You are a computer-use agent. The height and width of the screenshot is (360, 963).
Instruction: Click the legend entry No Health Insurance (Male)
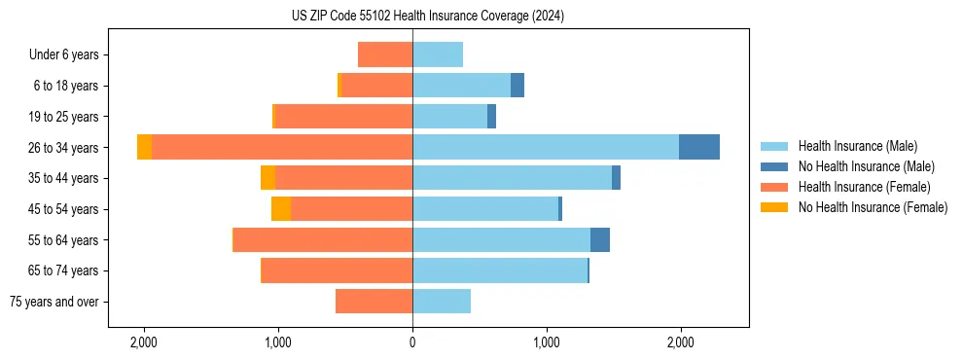[x=866, y=166]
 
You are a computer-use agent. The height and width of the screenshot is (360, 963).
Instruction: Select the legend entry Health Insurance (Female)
[x=864, y=187]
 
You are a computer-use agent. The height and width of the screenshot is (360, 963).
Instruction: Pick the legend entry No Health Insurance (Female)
[x=873, y=207]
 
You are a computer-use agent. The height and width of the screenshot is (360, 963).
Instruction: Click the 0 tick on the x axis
[x=412, y=342]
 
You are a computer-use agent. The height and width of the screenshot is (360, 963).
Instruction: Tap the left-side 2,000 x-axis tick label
[x=144, y=342]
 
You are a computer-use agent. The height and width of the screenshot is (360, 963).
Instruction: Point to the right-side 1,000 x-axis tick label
[x=547, y=342]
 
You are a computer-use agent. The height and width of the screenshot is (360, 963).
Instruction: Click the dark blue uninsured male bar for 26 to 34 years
[x=698, y=147]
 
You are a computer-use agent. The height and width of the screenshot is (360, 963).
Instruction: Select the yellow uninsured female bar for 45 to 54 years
[x=281, y=209]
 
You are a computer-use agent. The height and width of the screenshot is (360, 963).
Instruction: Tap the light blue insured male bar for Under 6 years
[x=438, y=54]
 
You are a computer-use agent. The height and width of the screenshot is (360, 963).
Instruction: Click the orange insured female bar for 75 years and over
[x=374, y=302]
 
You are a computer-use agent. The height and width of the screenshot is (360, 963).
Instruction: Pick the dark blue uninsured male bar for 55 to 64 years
[x=600, y=239]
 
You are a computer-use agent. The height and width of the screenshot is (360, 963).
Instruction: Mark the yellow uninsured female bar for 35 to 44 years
[x=267, y=178]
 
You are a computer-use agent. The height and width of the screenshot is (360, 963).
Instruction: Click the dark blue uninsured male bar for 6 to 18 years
[x=517, y=86]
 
